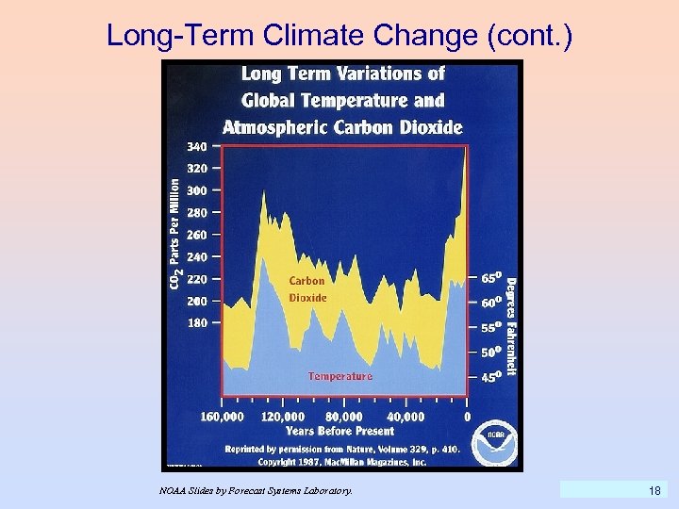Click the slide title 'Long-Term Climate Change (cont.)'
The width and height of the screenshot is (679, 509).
(x=339, y=35)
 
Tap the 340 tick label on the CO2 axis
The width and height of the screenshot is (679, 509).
(x=196, y=147)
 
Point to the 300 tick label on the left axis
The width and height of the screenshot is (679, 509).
(x=196, y=190)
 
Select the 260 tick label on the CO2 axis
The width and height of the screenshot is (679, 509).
(x=196, y=235)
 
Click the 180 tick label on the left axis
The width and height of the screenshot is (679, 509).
(x=196, y=323)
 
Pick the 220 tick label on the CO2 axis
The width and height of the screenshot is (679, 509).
(x=196, y=279)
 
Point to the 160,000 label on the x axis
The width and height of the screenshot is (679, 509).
(x=223, y=416)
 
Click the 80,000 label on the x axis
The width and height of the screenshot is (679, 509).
(x=343, y=416)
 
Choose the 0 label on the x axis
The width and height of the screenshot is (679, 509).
(x=468, y=416)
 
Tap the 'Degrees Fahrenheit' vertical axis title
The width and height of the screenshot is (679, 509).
(x=511, y=325)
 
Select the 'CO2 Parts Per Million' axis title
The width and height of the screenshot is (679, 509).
(x=175, y=235)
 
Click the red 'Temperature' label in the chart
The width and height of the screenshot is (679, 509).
(x=339, y=376)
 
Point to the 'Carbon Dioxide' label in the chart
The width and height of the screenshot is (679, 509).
(x=307, y=288)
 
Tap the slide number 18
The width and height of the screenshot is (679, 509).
(x=654, y=490)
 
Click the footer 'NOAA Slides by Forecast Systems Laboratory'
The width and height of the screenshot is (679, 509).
(x=256, y=491)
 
